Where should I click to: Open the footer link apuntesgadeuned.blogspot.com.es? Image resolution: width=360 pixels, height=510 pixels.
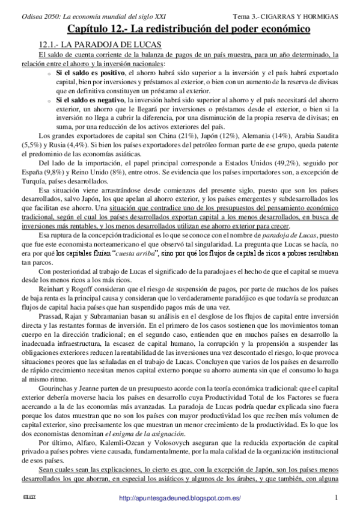(x=180, y=498)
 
